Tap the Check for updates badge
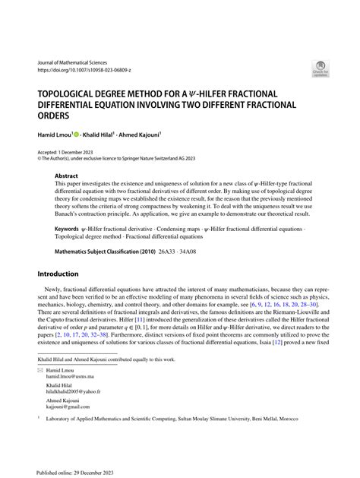pos(320,69)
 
